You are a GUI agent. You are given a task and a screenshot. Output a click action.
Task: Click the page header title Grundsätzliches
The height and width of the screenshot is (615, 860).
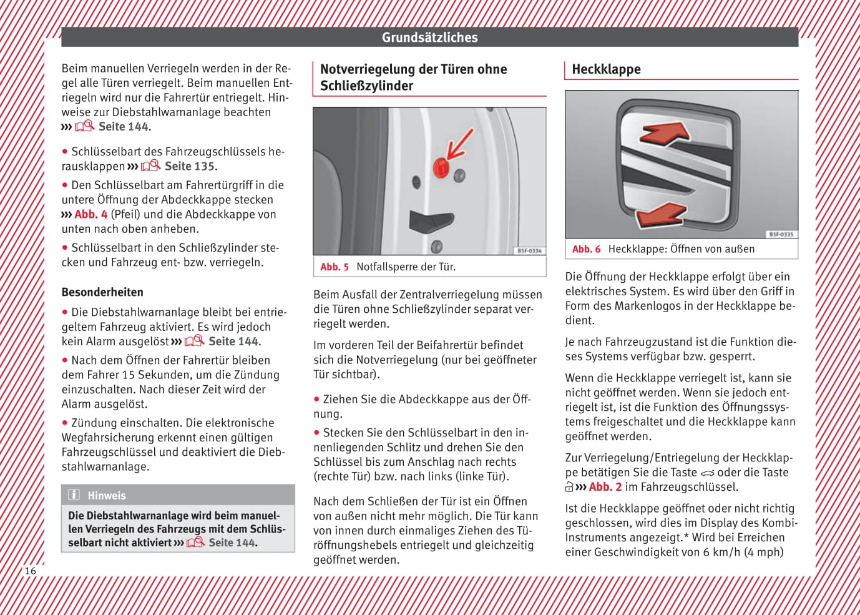pyautogui.click(x=429, y=37)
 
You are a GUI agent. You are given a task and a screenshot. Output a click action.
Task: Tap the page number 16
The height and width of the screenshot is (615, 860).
pyautogui.click(x=30, y=571)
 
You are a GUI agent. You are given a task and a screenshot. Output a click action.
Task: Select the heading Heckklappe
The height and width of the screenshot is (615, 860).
pyautogui.click(x=606, y=69)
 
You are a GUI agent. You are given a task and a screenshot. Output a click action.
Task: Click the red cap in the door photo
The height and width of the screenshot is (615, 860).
pyautogui.click(x=441, y=167)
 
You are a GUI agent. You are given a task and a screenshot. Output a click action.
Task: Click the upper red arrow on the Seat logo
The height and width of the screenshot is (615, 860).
pyautogui.click(x=665, y=133)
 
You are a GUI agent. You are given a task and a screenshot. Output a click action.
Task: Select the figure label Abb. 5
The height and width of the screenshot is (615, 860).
pyautogui.click(x=335, y=267)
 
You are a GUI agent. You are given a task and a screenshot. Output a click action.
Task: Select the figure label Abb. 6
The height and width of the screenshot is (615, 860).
pyautogui.click(x=586, y=249)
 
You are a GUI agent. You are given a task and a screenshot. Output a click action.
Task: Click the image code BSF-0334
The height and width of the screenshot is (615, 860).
pyautogui.click(x=529, y=251)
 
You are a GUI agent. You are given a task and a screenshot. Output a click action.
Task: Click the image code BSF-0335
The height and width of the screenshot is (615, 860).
pyautogui.click(x=781, y=234)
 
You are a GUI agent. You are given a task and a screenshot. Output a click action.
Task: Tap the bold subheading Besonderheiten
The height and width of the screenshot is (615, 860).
pyautogui.click(x=102, y=292)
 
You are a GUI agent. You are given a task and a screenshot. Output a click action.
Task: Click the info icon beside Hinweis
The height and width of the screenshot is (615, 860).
pyautogui.click(x=74, y=495)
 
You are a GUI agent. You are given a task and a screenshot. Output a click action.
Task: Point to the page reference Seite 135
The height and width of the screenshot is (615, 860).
pyautogui.click(x=189, y=167)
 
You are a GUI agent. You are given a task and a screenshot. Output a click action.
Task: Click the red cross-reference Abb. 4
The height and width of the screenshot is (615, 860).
pyautogui.click(x=90, y=215)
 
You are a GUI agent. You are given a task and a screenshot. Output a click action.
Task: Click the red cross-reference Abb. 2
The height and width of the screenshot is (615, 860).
pyautogui.click(x=605, y=487)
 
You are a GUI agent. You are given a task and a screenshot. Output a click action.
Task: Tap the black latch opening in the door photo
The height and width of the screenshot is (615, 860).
pyautogui.click(x=430, y=220)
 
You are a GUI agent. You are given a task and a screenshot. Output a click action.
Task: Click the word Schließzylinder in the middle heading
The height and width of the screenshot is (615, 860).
pyautogui.click(x=366, y=86)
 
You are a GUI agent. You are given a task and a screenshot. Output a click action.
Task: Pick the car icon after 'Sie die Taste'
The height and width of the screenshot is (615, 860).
pyautogui.click(x=707, y=473)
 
